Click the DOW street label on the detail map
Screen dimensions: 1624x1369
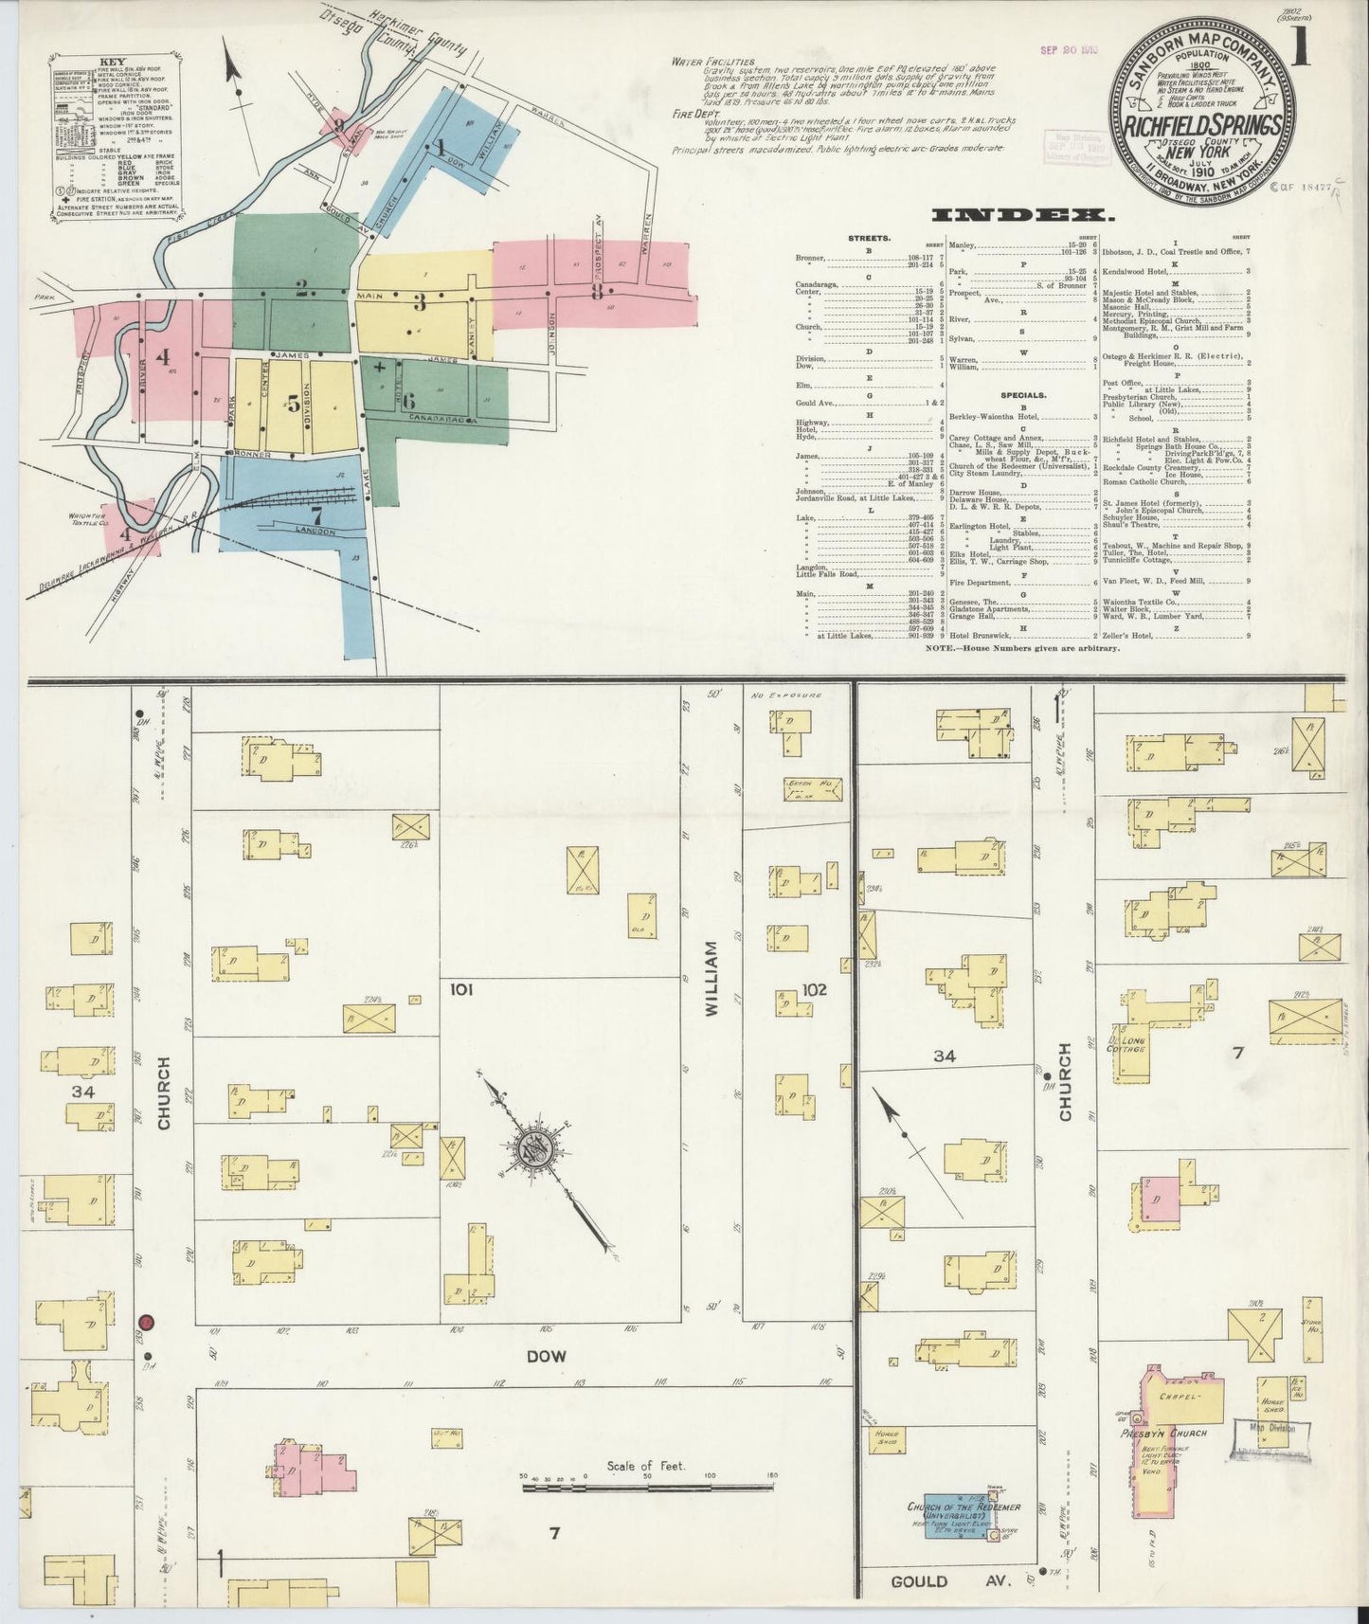(546, 1356)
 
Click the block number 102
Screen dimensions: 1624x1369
(814, 990)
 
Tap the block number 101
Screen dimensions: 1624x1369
(461, 990)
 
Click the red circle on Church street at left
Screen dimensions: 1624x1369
(146, 1322)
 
